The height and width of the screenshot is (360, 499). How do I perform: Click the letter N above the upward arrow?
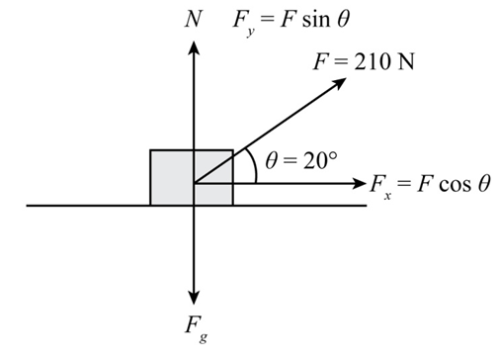[193, 19]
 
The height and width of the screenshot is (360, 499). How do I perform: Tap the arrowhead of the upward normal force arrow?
[194, 47]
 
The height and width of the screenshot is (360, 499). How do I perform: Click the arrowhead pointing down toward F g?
[194, 298]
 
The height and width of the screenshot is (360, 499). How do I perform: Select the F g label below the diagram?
[197, 329]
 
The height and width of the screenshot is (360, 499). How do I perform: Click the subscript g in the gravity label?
[204, 337]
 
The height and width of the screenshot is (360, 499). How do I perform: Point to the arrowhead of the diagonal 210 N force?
[339, 83]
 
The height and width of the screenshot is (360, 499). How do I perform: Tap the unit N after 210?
[406, 61]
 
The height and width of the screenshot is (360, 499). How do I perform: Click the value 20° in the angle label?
[320, 161]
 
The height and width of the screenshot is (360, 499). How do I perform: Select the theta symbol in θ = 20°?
[271, 161]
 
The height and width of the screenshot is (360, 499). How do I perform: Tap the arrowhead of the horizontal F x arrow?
[360, 183]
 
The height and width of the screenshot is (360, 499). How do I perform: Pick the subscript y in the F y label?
[250, 32]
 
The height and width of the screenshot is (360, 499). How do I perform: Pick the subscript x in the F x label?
[387, 196]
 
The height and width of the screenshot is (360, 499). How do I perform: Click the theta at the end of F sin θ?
[343, 19]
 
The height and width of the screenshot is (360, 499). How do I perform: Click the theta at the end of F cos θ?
[484, 183]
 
